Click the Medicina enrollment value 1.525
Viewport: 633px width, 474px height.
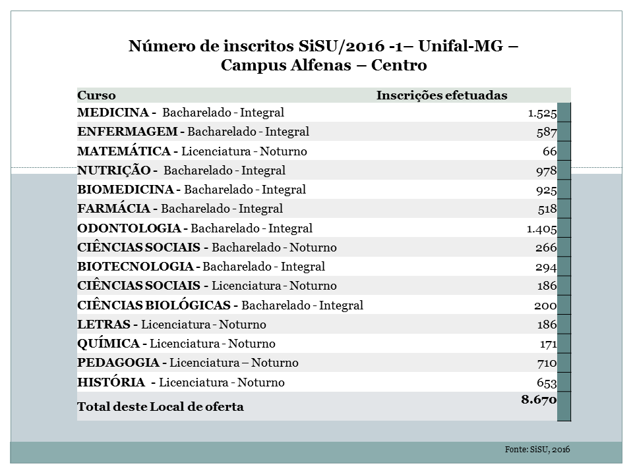tap(542, 113)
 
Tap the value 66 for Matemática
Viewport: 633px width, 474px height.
tap(550, 151)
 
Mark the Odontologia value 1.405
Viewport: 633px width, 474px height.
tap(542, 228)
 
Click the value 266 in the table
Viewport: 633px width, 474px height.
tap(546, 248)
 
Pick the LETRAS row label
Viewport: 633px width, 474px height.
tap(106, 325)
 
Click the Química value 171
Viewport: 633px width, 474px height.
tap(548, 344)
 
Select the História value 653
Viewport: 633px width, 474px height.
tap(547, 382)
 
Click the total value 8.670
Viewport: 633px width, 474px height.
tap(539, 399)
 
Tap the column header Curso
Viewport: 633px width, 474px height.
tap(96, 95)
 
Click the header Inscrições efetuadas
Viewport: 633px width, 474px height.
tap(442, 95)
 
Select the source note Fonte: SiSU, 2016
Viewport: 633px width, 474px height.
tap(537, 449)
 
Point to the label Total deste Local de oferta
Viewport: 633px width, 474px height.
tap(160, 407)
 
